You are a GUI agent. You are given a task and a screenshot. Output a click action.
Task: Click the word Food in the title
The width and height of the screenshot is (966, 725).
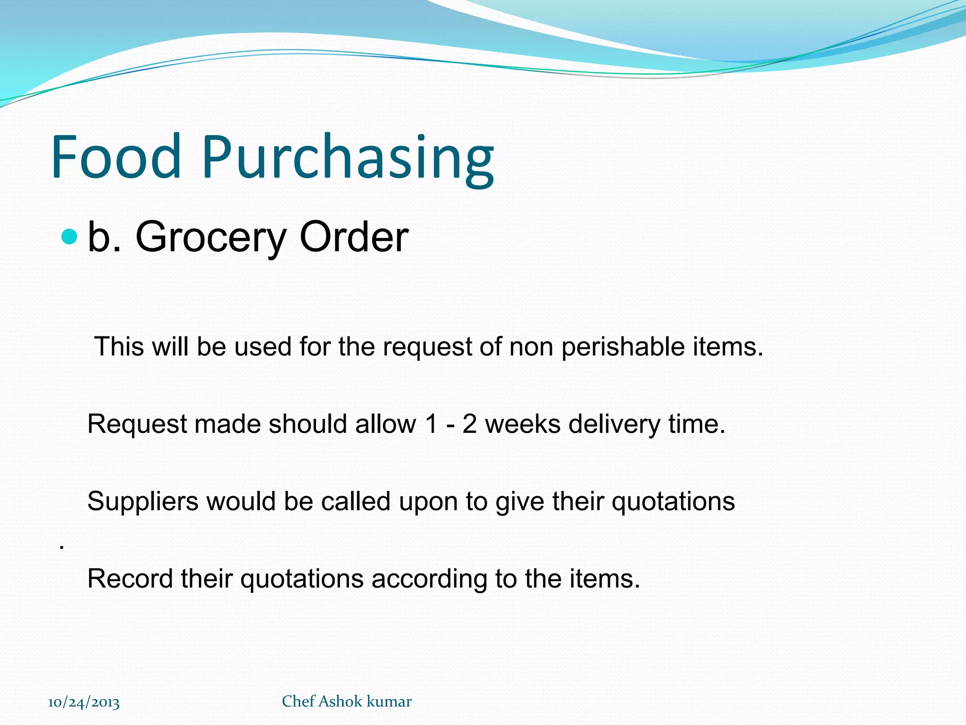click(x=116, y=157)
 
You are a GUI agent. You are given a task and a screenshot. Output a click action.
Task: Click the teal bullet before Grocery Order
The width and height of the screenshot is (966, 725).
click(x=69, y=236)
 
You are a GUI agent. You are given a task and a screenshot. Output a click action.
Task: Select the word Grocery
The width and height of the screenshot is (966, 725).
click(x=211, y=237)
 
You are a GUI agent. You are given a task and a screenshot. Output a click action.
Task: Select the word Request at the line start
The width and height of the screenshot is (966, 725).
click(x=137, y=424)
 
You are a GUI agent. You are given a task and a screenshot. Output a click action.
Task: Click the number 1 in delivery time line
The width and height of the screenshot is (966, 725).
click(x=431, y=424)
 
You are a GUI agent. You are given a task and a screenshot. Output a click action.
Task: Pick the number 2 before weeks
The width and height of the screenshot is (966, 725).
click(x=469, y=424)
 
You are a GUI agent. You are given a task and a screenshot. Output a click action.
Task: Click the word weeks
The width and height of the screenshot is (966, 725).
click(x=523, y=424)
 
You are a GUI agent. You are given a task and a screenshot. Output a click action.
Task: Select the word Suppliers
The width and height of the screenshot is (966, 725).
click(x=142, y=502)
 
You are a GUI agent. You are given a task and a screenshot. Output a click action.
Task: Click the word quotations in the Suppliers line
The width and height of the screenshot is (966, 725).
click(x=673, y=502)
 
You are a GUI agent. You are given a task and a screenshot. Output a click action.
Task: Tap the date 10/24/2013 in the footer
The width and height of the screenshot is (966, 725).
click(x=84, y=702)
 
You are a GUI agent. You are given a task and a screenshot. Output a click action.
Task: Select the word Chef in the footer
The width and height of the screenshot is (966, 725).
click(x=298, y=701)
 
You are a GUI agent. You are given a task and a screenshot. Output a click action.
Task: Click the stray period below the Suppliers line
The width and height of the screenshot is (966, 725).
click(x=62, y=548)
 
